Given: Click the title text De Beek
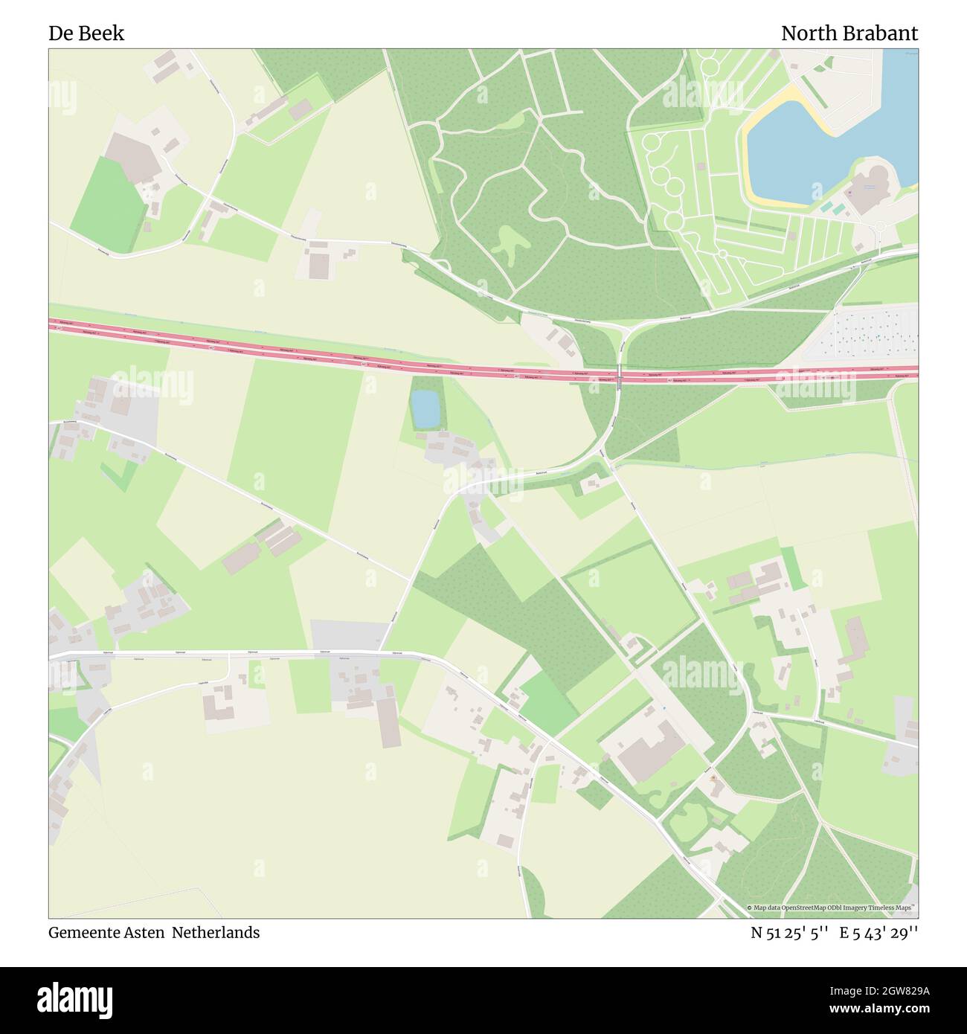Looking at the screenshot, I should tap(86, 33).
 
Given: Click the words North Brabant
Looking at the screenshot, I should tap(849, 33).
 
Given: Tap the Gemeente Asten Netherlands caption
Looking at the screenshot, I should tap(154, 933).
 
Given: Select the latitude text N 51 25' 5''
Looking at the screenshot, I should tap(788, 933).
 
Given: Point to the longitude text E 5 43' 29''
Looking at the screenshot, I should tap(878, 933).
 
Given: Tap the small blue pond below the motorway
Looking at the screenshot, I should tap(425, 409).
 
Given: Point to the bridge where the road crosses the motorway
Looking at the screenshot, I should tap(619, 376).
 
